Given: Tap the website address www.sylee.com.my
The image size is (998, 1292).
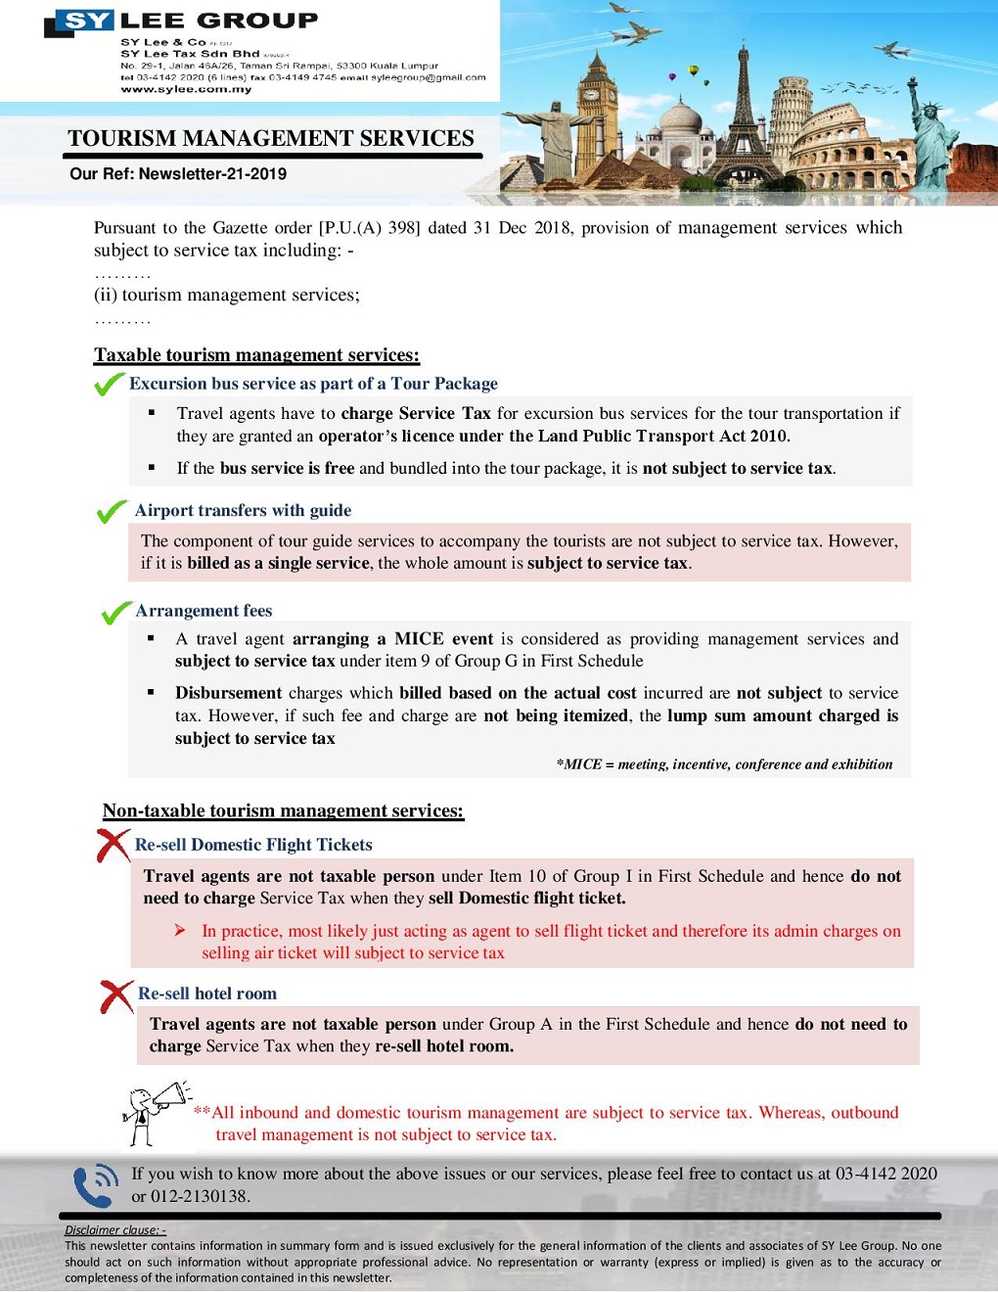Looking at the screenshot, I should (186, 89).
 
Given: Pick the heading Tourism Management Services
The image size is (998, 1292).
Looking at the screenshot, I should (271, 139).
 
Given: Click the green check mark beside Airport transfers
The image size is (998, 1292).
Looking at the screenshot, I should (112, 512).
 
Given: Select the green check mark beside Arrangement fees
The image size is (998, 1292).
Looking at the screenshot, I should (116, 613).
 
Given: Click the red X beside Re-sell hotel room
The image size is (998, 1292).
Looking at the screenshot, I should (116, 995).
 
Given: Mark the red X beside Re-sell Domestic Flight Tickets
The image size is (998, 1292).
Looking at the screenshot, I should (113, 845).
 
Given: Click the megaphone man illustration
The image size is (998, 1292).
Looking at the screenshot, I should (152, 1114).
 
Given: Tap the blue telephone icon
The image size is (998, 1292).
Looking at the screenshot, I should (96, 1186).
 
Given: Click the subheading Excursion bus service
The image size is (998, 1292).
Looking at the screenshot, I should (313, 384).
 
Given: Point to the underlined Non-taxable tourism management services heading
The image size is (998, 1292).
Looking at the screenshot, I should (283, 810).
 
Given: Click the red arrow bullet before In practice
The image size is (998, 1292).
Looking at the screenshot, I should (180, 930).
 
